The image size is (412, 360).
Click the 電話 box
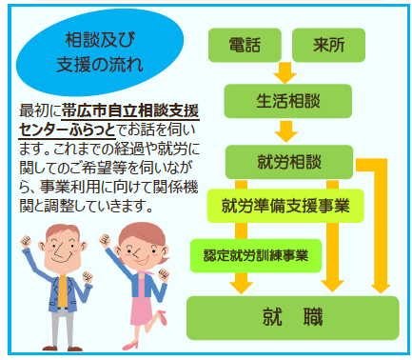pos(245,45)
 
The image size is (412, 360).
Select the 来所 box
pos(328,45)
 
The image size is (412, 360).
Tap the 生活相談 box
pos(288,101)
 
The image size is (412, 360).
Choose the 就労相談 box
pos(289,162)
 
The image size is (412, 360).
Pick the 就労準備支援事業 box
pos(285,206)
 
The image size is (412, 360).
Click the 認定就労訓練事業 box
pos(256,255)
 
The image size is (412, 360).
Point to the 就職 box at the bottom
pos(292,318)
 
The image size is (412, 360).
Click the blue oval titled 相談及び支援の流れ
pos(100,52)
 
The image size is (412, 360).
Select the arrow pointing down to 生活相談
pos(284,73)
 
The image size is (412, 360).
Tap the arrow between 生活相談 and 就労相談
pos(286,131)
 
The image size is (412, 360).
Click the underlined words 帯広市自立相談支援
pos(130,110)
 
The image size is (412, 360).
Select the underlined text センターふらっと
pos(67,130)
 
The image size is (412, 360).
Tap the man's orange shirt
pos(62,291)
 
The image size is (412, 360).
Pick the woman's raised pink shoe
pos(162,317)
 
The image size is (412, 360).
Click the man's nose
pos(59,251)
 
